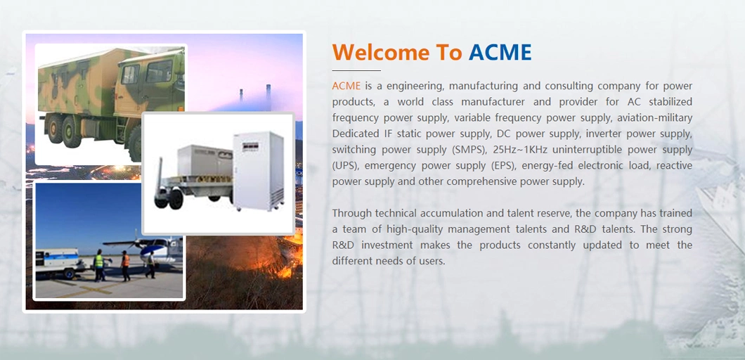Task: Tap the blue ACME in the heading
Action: (x=500, y=52)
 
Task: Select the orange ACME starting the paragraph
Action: (x=346, y=86)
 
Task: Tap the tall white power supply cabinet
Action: (x=258, y=171)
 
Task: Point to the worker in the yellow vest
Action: (x=99, y=264)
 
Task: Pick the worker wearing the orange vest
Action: (x=125, y=265)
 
